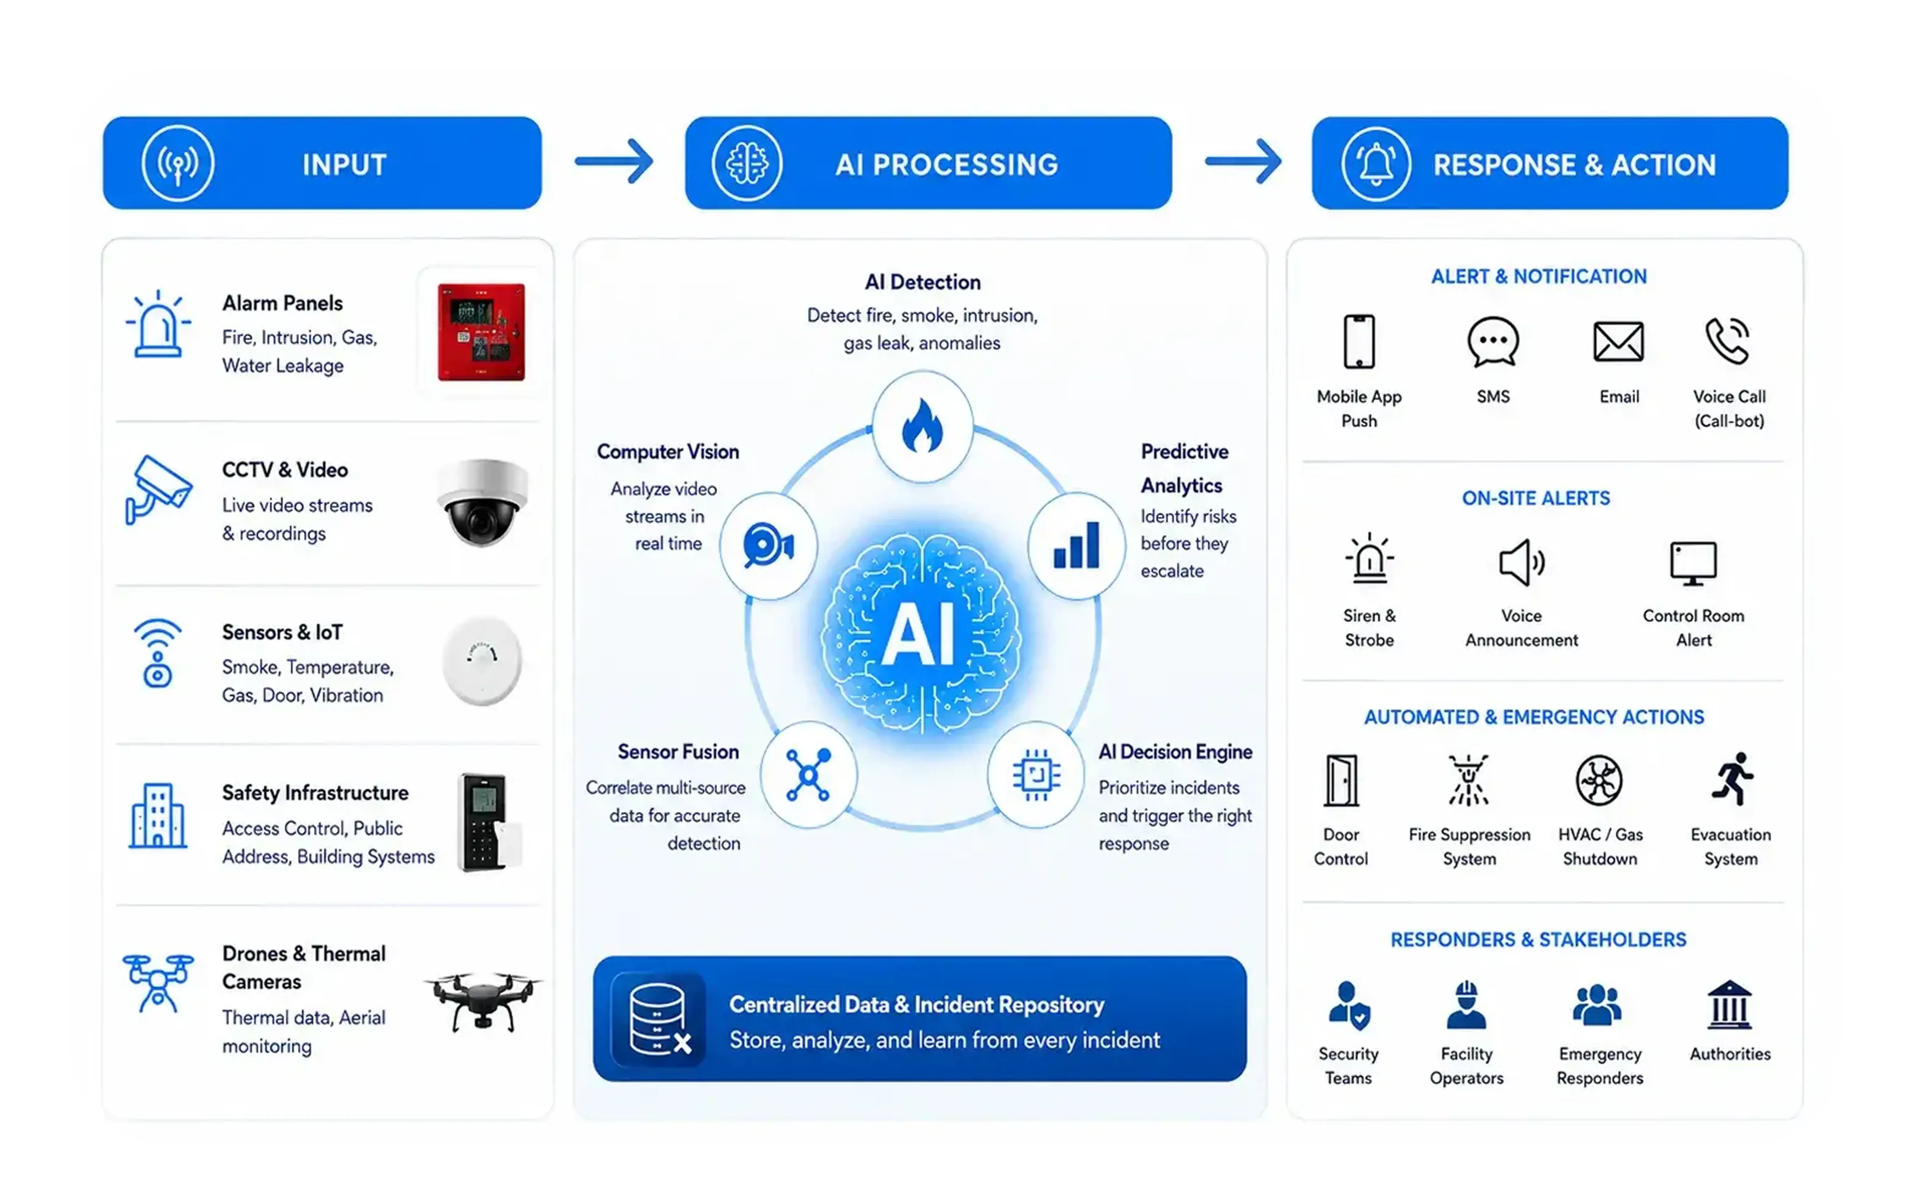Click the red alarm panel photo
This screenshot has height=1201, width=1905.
[x=481, y=332]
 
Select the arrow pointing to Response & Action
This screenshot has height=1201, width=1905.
[x=1243, y=161]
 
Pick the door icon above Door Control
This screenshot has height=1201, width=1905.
[x=1342, y=781]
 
